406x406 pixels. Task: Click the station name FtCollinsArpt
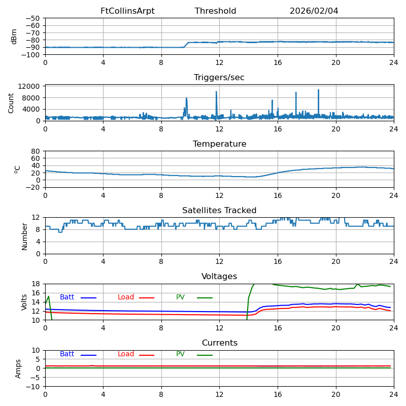click(127, 11)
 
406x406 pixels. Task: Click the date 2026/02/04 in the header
click(314, 11)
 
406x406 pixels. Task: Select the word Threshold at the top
click(215, 11)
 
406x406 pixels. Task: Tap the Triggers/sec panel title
click(219, 78)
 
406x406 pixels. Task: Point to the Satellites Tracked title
click(219, 211)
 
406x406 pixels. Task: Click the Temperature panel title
click(219, 144)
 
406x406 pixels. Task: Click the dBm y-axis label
click(14, 37)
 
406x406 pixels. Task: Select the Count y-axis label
click(11, 103)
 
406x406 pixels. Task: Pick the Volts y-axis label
click(24, 302)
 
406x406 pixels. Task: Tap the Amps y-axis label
click(18, 368)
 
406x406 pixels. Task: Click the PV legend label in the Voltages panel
click(180, 297)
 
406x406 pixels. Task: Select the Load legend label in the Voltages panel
click(126, 297)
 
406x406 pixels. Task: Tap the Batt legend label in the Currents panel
click(67, 354)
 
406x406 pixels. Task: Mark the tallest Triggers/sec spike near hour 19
click(319, 90)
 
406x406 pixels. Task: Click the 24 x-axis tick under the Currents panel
click(394, 394)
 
